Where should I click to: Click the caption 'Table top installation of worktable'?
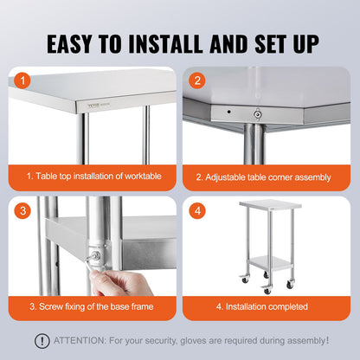(x=93, y=177)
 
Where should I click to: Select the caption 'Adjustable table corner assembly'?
(x=263, y=177)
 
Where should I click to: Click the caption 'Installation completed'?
(x=263, y=306)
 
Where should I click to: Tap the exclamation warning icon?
(x=42, y=341)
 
